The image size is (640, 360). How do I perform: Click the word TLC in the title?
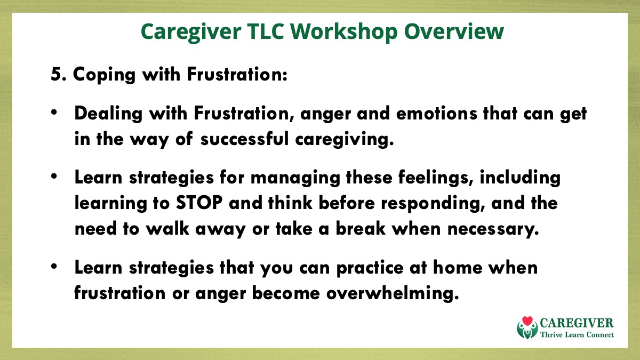coord(265,31)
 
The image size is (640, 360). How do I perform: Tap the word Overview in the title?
coord(454,31)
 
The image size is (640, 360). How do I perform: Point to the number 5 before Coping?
coord(57,74)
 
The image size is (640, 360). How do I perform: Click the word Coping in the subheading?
coord(104,75)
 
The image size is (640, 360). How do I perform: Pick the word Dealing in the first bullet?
coord(108,114)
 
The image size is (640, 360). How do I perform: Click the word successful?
coord(245,139)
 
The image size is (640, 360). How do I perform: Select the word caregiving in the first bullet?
coord(344,140)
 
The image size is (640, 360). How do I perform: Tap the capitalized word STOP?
coord(199,203)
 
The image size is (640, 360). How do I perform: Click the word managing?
coord(295,178)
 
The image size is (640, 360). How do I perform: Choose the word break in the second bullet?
coord(361,228)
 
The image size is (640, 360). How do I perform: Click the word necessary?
coord(493,229)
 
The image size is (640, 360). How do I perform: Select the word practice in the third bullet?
coord(370,268)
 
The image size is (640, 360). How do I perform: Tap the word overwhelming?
coord(393,293)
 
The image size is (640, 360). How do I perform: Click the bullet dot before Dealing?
coord(54,113)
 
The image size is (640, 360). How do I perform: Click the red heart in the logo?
coord(527,321)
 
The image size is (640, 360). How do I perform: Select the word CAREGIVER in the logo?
coord(577,323)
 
